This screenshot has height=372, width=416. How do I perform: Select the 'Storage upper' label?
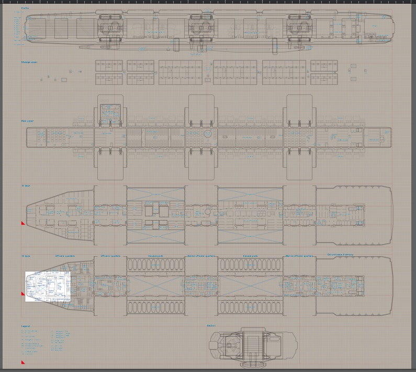coord(29,62)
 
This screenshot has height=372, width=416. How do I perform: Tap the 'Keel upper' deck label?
coord(27,121)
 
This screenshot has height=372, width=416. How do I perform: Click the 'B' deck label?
coord(26,256)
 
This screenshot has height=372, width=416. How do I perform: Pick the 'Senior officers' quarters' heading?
coord(199,256)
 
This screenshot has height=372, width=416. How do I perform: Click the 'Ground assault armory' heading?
coord(340,255)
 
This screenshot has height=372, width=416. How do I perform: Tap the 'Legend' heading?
coord(25,325)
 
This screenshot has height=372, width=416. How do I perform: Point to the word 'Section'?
coord(211,325)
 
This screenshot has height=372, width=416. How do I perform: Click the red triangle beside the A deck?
coord(23,223)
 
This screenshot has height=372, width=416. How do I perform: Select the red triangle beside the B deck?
coord(23,294)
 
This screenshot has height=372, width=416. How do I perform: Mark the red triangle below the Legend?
coord(23,362)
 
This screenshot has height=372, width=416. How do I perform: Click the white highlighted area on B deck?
coord(47,286)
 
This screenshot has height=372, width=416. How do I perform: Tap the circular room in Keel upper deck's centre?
coord(208,134)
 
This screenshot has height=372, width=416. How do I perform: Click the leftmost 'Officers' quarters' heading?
coord(65,256)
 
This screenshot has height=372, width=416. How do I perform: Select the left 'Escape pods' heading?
coord(155,256)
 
